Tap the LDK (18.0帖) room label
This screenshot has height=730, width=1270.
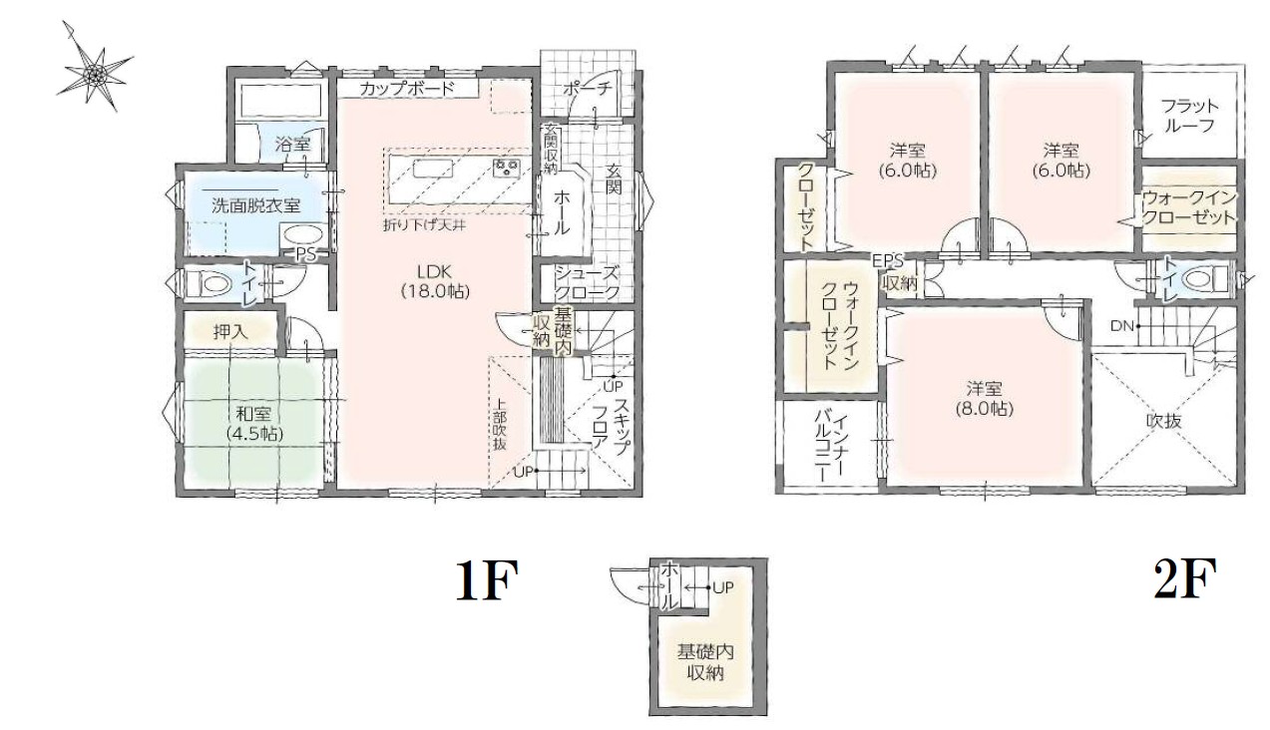click(x=435, y=281)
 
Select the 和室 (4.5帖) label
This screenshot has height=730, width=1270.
click(x=253, y=423)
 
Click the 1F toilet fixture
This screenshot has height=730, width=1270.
click(x=208, y=281)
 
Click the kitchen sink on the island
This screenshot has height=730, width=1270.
click(x=434, y=169)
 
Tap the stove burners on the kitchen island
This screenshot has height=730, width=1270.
click(x=507, y=168)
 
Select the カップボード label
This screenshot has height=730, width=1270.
click(x=406, y=89)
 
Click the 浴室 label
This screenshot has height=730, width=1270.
click(x=292, y=145)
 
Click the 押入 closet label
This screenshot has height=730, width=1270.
click(x=230, y=331)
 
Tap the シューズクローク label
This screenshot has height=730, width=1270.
click(x=587, y=283)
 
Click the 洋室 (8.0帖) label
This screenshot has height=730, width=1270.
click(x=985, y=399)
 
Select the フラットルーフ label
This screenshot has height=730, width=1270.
click(x=1189, y=116)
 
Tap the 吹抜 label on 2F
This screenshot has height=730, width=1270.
click(x=1164, y=421)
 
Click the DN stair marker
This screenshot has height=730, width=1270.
click(x=1121, y=326)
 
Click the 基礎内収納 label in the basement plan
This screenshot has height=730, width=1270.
click(x=705, y=662)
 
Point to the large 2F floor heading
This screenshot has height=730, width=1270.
click(x=1185, y=578)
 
